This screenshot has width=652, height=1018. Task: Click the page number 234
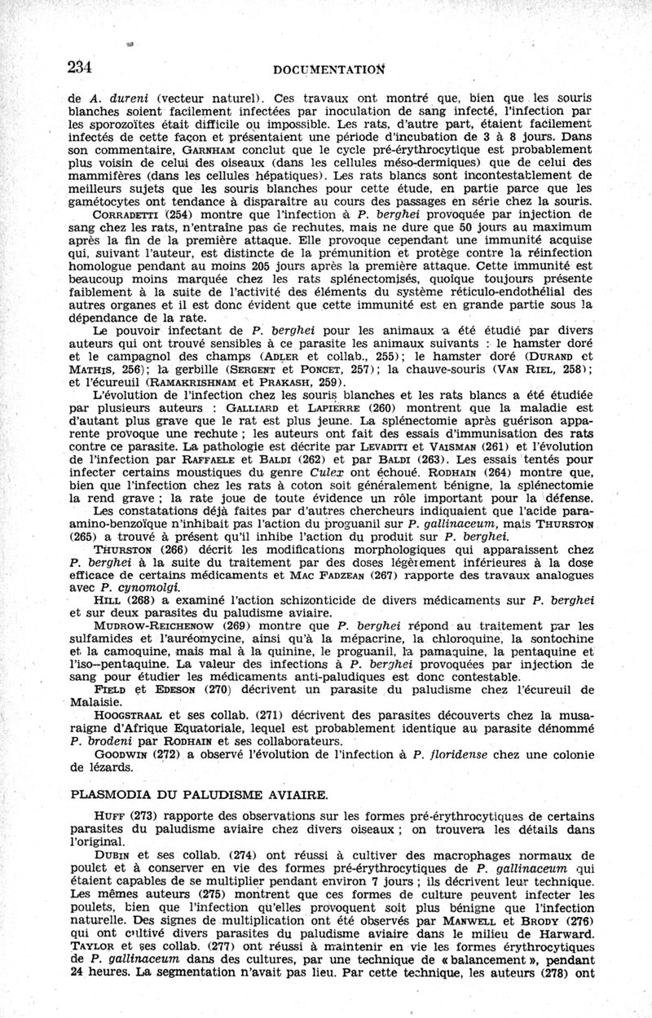(x=82, y=67)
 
